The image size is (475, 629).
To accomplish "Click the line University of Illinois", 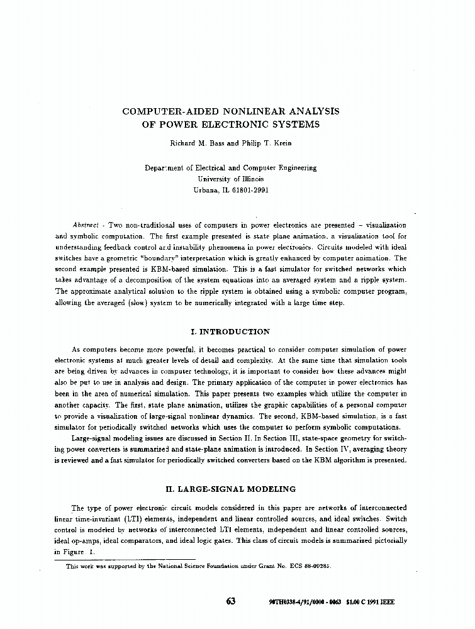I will (x=230, y=179).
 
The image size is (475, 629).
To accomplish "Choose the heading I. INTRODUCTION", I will (x=230, y=331).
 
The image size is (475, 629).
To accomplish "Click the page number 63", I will (x=230, y=601).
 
